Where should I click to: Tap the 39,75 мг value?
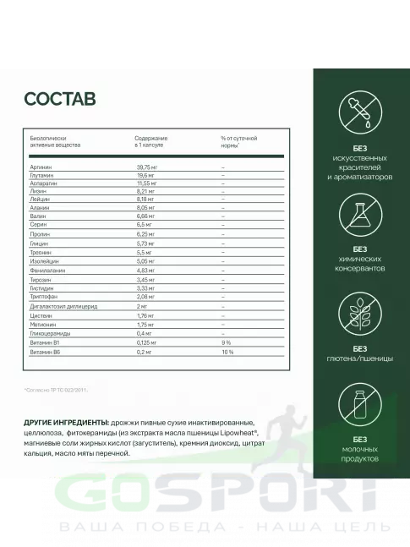point(148,167)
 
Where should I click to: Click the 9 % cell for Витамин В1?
point(225,342)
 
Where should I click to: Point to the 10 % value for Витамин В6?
point(226,351)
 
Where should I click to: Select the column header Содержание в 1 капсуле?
point(151,141)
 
